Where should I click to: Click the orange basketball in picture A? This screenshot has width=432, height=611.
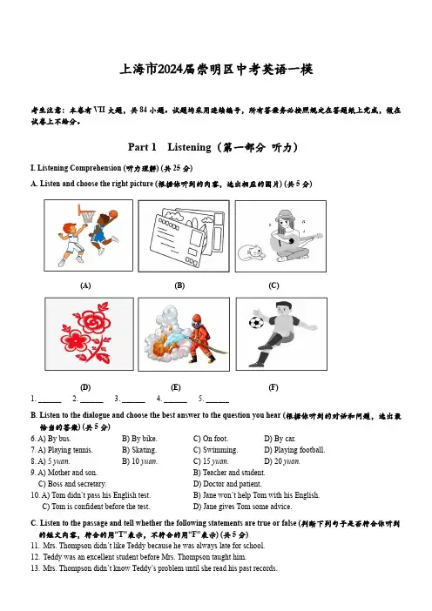tap(113, 214)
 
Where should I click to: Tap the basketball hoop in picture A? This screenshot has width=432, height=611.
tap(86, 213)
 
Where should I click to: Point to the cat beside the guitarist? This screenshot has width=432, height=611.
tap(252, 252)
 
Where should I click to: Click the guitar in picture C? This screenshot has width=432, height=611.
tap(296, 241)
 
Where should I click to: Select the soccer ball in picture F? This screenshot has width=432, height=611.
tap(256, 323)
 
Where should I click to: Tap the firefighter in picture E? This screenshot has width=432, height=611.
tap(201, 338)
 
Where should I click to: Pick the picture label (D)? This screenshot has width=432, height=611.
tap(85, 387)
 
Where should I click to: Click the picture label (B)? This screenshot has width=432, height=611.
tap(179, 285)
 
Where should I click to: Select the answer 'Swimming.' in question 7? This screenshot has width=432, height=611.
tap(216, 450)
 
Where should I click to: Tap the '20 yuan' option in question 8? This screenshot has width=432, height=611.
tap(282, 461)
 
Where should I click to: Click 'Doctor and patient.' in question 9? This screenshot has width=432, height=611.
tap(227, 484)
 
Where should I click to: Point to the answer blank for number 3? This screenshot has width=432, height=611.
tap(133, 401)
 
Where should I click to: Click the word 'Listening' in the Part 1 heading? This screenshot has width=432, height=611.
tap(189, 147)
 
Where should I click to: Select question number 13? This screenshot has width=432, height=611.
tap(35, 568)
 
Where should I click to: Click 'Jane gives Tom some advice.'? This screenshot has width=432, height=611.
tap(242, 507)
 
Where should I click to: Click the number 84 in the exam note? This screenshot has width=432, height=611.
tap(143, 111)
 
